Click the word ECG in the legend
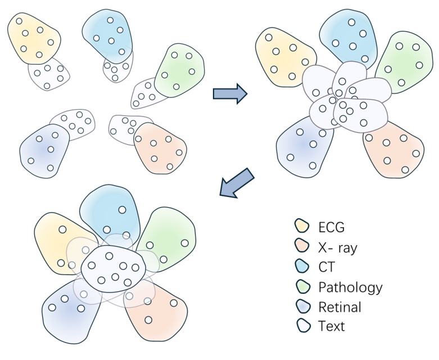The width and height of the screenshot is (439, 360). [x=332, y=228]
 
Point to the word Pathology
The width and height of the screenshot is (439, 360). [x=350, y=287]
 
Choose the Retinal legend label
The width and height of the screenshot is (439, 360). [x=340, y=307]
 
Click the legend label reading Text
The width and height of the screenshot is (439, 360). [x=332, y=326]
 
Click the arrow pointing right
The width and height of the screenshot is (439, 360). [x=230, y=93]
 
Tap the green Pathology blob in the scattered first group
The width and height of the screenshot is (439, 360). [x=181, y=69]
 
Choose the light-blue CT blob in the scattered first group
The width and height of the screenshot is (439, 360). [x=108, y=34]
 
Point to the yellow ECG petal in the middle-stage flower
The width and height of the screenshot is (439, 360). [x=281, y=56]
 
